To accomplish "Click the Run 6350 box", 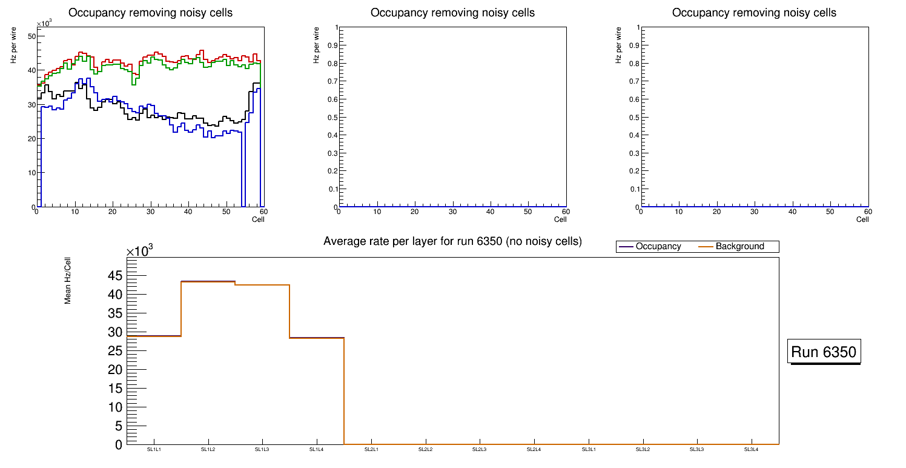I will [824, 352].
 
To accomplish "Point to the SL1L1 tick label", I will [154, 450].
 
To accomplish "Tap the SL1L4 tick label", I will [317, 450].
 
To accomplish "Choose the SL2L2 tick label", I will [426, 450].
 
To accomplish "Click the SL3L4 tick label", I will [752, 450].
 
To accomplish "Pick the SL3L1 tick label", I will [589, 450].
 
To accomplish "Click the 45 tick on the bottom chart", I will [115, 276].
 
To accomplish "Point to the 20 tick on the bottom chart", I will [115, 370].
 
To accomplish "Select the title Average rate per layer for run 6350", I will [452, 242].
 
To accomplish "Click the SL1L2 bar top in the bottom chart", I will [208, 281].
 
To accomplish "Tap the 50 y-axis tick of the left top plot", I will [31, 36].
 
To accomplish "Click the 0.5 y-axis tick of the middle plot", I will [332, 118].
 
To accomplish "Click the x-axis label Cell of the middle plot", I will [560, 219].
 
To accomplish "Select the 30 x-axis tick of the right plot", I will [755, 212].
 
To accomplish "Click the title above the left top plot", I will [150, 13].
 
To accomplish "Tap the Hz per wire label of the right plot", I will [618, 45].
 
